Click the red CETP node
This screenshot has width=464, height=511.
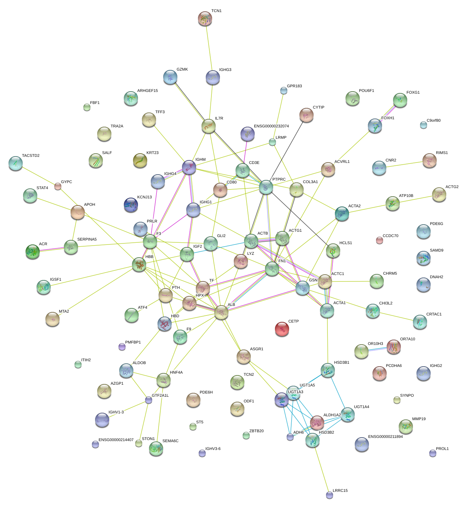(x=282, y=329)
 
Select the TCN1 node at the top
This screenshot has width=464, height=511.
(x=205, y=18)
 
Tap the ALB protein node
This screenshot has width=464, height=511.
(x=221, y=312)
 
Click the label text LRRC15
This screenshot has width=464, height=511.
(x=340, y=490)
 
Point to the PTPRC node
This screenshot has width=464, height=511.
(x=266, y=187)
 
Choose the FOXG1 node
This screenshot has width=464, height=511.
(x=400, y=100)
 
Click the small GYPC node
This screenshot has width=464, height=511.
(x=58, y=186)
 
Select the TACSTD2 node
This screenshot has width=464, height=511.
(x=16, y=163)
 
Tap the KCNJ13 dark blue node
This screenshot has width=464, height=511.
(x=131, y=205)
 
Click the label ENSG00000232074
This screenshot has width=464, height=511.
(x=271, y=126)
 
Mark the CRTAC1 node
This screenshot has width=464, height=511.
(x=420, y=322)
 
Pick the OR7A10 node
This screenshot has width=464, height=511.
(x=393, y=346)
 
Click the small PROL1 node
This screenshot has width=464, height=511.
(x=433, y=453)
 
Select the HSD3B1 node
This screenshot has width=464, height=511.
(x=327, y=370)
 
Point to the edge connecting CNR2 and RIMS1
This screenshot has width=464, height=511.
(x=404, y=165)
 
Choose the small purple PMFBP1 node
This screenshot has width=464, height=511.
(x=122, y=347)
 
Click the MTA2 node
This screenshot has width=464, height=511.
(x=53, y=319)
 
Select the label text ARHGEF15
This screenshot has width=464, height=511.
(x=148, y=91)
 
